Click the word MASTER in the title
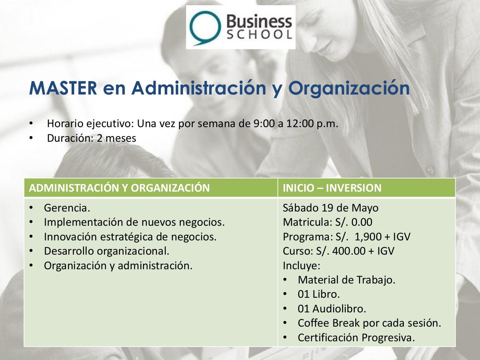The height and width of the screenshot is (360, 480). pyautogui.click(x=62, y=88)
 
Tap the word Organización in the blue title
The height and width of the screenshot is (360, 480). pyautogui.click(x=349, y=88)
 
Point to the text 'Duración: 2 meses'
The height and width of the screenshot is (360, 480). pyautogui.click(x=91, y=138)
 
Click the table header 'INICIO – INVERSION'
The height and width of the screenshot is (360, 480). pyautogui.click(x=332, y=188)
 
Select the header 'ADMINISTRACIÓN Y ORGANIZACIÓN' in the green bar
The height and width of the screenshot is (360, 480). pyautogui.click(x=119, y=188)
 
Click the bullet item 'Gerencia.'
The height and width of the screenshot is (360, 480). pyautogui.click(x=67, y=208)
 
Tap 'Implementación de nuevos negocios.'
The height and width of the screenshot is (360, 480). pyautogui.click(x=134, y=222)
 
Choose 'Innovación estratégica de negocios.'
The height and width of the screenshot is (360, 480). pyautogui.click(x=130, y=237)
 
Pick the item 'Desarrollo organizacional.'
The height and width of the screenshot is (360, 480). pyautogui.click(x=107, y=251)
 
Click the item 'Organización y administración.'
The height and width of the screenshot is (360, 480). pyautogui.click(x=118, y=265)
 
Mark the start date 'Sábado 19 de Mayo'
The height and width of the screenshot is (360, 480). pyautogui.click(x=331, y=208)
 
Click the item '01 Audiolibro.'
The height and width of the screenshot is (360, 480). pyautogui.click(x=332, y=309)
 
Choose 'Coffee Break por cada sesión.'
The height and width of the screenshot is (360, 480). pyautogui.click(x=369, y=323)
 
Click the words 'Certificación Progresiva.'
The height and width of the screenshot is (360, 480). pyautogui.click(x=356, y=337)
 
